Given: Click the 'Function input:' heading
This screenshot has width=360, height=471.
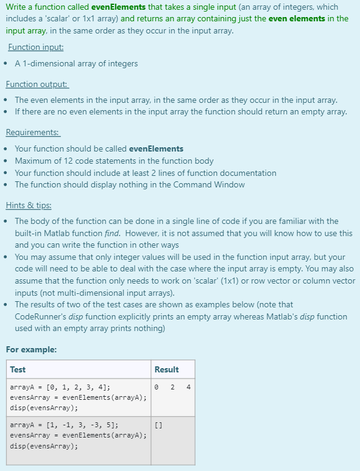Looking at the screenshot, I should (36, 47).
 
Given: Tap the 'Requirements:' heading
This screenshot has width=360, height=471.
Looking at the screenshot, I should (33, 132).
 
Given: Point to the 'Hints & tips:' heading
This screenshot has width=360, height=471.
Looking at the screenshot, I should (29, 205).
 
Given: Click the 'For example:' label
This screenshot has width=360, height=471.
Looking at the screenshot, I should (31, 349).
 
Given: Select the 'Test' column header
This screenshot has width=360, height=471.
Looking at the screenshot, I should (18, 369).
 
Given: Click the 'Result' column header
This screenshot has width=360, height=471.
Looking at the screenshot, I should (166, 369).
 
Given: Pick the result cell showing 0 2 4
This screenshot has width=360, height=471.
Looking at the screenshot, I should (172, 387).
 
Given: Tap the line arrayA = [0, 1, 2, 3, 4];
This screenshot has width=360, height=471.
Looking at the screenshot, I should (60, 387).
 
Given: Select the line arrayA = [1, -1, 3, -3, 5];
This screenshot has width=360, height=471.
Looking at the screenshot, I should (64, 425).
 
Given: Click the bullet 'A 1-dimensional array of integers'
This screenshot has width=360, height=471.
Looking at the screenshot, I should (76, 63).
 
